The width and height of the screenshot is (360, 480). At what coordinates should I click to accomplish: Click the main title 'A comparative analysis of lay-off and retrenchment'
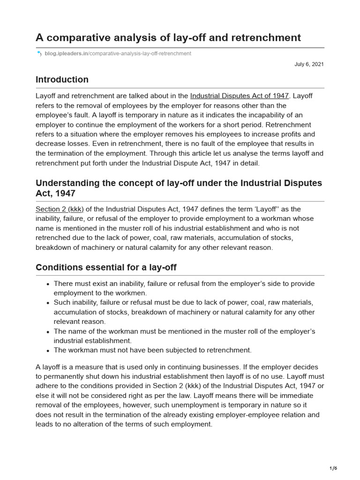[x=168, y=37]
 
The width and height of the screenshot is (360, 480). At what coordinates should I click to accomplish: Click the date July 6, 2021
[x=309, y=64]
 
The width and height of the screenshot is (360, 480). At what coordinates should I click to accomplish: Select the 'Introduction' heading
[x=62, y=80]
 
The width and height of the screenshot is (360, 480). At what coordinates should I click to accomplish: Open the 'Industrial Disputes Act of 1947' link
[x=240, y=96]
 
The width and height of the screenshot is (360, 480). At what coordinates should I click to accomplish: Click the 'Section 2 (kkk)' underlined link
[x=56, y=209]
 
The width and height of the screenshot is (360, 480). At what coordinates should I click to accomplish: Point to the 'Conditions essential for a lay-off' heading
[x=106, y=268]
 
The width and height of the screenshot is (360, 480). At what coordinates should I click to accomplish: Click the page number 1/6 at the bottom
[x=333, y=468]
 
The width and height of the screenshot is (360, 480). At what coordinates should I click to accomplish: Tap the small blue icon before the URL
[x=39, y=54]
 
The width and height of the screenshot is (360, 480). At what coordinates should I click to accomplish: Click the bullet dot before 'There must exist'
[x=48, y=284]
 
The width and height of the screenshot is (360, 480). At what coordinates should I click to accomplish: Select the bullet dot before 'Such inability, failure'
[x=48, y=303]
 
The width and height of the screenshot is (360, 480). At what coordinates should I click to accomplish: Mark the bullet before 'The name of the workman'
[x=48, y=331]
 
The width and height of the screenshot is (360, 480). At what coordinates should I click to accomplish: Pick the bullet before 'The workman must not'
[x=48, y=350]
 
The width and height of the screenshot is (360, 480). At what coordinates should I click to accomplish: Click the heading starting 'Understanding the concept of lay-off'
[x=179, y=183]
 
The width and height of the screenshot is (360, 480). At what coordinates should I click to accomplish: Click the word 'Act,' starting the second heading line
[x=45, y=193]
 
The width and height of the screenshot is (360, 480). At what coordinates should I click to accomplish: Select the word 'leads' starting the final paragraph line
[x=45, y=424]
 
